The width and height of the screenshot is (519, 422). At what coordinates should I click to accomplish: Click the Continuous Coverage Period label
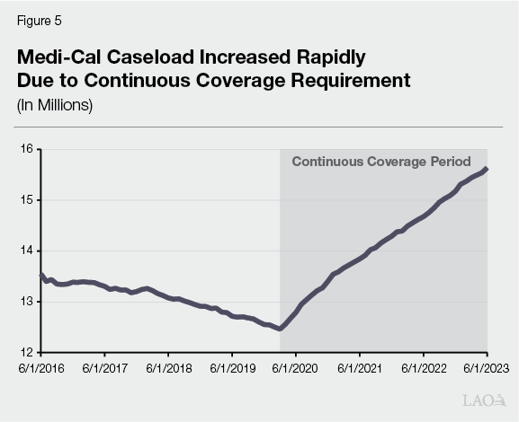[380, 163]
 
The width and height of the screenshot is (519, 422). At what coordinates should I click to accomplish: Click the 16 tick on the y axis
[26, 148]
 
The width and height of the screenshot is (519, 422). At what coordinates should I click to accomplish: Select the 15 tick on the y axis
[26, 199]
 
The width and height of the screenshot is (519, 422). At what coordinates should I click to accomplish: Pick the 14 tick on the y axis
[26, 251]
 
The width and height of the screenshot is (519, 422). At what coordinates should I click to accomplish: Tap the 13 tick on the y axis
[26, 302]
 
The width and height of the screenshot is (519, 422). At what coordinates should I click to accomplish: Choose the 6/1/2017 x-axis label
[105, 367]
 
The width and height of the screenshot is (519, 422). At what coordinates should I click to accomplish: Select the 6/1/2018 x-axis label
[169, 367]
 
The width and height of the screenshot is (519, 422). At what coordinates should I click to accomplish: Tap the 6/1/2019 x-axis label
[233, 367]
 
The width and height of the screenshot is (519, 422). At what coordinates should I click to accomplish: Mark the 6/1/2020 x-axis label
[297, 367]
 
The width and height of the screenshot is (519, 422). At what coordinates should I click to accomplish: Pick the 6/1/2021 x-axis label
[360, 367]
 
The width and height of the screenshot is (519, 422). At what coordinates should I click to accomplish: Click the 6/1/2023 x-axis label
[487, 367]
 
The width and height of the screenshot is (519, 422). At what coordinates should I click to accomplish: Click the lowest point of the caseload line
[281, 329]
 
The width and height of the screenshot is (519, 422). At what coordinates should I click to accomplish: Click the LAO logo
[484, 400]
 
